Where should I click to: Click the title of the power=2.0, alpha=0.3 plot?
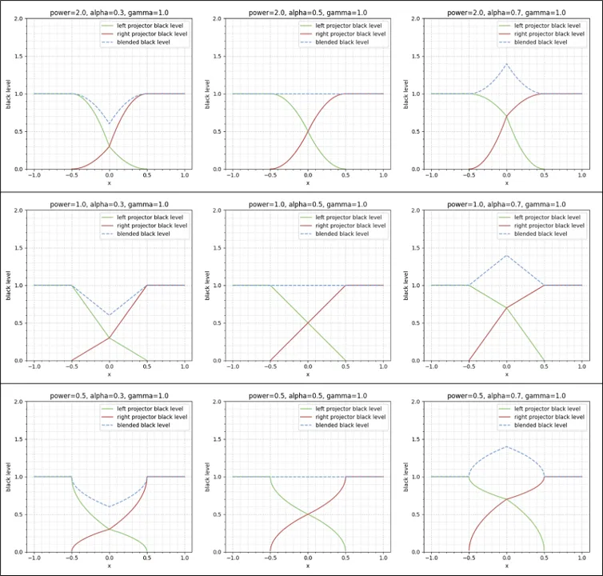pyautogui.click(x=109, y=13)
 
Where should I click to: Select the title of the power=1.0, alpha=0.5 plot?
pyautogui.click(x=308, y=204)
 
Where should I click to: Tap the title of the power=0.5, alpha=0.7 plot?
pyautogui.click(x=506, y=395)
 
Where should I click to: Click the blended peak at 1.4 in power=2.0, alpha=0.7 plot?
pyautogui.click(x=506, y=64)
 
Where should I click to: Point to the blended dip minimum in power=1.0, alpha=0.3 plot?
pyautogui.click(x=110, y=315)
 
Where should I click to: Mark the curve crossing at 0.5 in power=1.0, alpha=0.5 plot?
pyautogui.click(x=308, y=322)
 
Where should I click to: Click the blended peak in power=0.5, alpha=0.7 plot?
pyautogui.click(x=506, y=446)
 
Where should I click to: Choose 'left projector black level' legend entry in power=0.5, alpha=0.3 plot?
pyautogui.click(x=144, y=409)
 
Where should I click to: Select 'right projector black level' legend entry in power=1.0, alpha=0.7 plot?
pyautogui.click(x=542, y=226)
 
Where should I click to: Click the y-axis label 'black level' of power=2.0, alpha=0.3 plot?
pyautogui.click(x=8, y=94)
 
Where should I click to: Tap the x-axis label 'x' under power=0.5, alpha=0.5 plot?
pyautogui.click(x=308, y=566)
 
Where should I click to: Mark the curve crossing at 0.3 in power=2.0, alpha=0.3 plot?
pyautogui.click(x=110, y=146)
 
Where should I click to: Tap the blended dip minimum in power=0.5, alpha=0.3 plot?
pyautogui.click(x=110, y=506)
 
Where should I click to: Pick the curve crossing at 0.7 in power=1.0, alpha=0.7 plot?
pyautogui.click(x=506, y=307)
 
